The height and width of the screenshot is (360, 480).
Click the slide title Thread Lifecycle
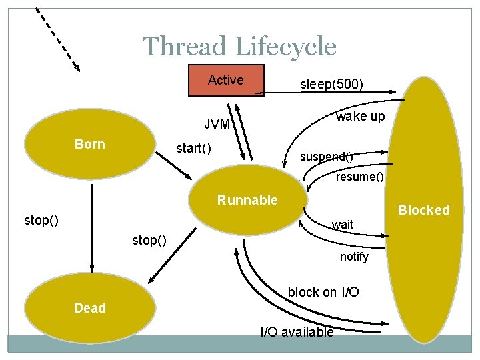point(239,47)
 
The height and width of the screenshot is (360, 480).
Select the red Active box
point(226,81)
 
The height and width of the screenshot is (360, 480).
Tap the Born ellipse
point(90,145)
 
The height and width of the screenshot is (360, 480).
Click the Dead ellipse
point(89,307)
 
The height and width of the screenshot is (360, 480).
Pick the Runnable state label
point(247,200)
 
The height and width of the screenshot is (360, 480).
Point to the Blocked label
point(423,210)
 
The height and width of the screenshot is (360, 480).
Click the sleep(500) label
point(331,84)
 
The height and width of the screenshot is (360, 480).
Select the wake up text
point(360,117)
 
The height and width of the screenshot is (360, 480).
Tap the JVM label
point(217,125)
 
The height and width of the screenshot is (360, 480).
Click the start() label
point(193,148)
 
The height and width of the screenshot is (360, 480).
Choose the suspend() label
point(326,157)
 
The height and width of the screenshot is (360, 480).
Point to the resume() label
point(360,177)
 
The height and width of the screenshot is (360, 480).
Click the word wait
point(343,225)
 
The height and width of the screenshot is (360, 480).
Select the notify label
point(354,257)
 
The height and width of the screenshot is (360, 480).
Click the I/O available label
point(297,332)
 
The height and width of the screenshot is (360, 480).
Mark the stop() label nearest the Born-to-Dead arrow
point(41,220)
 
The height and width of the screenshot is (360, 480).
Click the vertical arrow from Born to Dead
point(91,227)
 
